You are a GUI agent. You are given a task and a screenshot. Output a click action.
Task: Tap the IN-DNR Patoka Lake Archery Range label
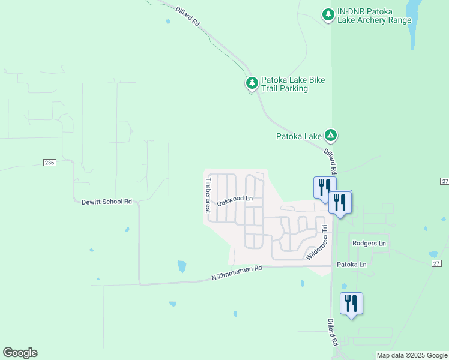click(375, 16)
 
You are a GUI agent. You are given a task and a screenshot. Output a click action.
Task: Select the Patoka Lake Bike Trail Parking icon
click(252, 82)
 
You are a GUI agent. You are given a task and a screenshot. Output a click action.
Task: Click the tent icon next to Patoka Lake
click(330, 135)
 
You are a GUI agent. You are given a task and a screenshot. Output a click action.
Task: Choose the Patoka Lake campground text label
click(299, 136)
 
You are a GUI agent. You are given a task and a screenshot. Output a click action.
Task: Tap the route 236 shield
click(49, 163)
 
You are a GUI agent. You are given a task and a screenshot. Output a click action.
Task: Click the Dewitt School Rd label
click(106, 202)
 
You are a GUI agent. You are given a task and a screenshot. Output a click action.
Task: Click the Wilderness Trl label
click(316, 242)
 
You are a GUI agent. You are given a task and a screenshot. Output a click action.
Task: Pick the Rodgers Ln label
click(369, 243)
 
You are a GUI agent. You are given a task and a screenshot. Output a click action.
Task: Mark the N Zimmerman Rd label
click(237, 273)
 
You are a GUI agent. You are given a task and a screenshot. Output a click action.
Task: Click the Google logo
click(20, 353)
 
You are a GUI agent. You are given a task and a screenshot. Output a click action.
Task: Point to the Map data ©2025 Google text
click(411, 355)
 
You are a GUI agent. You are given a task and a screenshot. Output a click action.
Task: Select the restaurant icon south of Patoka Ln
click(351, 304)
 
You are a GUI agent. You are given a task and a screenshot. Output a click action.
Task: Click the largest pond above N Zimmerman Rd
click(182, 266)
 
